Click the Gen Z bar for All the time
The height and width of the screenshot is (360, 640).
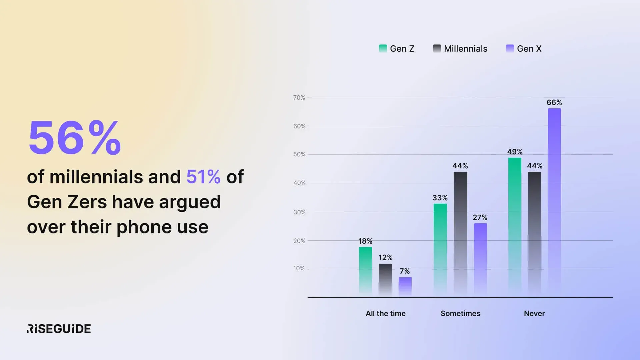click(x=365, y=270)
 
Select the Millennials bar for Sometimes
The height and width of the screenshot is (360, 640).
click(x=460, y=233)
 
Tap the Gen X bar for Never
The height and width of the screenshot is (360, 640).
click(x=554, y=201)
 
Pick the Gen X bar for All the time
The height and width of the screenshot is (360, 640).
click(x=405, y=286)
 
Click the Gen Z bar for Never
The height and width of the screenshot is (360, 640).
click(x=515, y=226)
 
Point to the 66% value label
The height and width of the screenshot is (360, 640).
click(x=554, y=102)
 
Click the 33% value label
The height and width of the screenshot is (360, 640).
click(x=440, y=198)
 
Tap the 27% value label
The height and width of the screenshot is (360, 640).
click(x=480, y=217)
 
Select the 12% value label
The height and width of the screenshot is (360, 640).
click(x=385, y=257)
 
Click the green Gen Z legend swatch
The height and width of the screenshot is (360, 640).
click(x=383, y=48)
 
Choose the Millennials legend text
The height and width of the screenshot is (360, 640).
click(x=466, y=49)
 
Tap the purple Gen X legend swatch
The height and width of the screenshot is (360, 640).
click(x=510, y=48)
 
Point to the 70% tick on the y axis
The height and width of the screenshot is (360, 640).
click(x=299, y=98)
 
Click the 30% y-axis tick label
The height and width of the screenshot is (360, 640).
click(x=299, y=212)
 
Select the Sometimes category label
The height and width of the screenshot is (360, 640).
click(x=460, y=313)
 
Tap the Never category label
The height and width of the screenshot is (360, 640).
click(x=534, y=313)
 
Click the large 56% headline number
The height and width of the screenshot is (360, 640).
click(x=75, y=138)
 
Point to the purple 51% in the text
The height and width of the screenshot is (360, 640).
click(x=203, y=177)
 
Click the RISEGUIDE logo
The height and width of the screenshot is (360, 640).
click(x=59, y=329)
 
